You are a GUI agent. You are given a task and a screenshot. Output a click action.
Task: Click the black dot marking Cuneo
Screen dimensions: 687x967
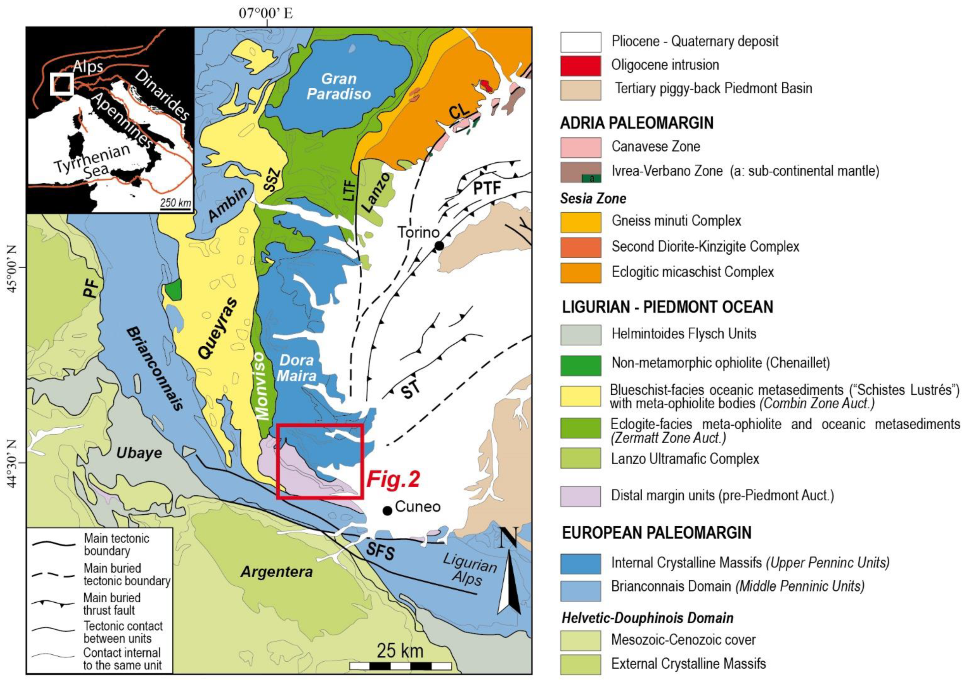pyautogui.click(x=387, y=511)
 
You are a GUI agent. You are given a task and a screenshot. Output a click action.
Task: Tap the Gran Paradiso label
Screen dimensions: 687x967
pyautogui.click(x=339, y=86)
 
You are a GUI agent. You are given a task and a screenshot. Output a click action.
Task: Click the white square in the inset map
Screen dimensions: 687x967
pyautogui.click(x=62, y=84)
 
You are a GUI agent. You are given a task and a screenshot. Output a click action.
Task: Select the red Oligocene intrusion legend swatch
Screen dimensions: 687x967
pyautogui.click(x=580, y=65)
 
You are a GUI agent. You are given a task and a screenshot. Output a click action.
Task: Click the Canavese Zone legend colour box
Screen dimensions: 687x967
pyautogui.click(x=580, y=147)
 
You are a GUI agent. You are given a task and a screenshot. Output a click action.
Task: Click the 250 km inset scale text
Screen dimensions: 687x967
pyautogui.click(x=175, y=203)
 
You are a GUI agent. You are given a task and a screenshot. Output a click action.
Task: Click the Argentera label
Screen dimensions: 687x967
pyautogui.click(x=276, y=572)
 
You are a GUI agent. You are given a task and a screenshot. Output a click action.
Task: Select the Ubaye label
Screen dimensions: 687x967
pyautogui.click(x=139, y=453)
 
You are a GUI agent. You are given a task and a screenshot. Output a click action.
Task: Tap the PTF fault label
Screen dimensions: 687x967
pyautogui.click(x=487, y=187)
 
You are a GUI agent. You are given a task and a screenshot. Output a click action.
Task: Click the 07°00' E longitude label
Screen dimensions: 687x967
pyautogui.click(x=265, y=13)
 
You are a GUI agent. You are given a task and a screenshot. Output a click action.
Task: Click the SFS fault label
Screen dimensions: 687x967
pyautogui.click(x=380, y=551)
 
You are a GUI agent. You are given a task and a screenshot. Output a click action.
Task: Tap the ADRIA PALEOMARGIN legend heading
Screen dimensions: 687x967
pyautogui.click(x=637, y=123)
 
